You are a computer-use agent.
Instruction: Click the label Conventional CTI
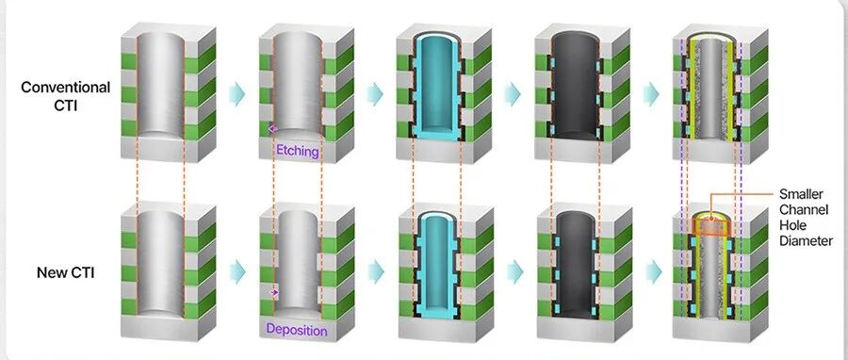tap(65, 96)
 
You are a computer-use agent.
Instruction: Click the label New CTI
tap(65, 273)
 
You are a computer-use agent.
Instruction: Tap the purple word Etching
tap(298, 152)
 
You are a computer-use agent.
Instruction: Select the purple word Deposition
tap(297, 329)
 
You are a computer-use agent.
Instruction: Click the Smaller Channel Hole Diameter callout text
tap(806, 218)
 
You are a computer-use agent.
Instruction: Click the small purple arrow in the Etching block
tap(272, 129)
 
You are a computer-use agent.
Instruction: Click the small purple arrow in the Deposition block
tap(274, 292)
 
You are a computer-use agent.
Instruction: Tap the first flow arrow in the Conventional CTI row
tap(236, 93)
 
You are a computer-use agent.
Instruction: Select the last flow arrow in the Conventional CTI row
tap(651, 94)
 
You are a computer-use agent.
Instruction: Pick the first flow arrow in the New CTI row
tap(237, 271)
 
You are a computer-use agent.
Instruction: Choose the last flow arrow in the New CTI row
tap(655, 272)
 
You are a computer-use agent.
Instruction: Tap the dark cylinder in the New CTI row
tap(576, 264)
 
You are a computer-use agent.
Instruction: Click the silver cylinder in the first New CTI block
tap(161, 263)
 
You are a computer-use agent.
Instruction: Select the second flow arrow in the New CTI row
tap(376, 271)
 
